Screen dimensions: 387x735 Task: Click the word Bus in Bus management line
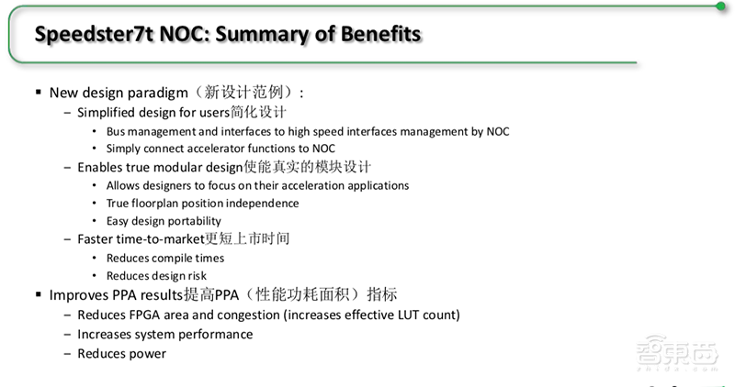[x=117, y=131]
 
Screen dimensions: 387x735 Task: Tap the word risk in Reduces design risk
[x=195, y=275]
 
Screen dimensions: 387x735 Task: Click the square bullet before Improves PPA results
[x=39, y=294]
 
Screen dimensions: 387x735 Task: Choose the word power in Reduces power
[x=148, y=353]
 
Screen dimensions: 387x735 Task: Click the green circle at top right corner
[x=721, y=6]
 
